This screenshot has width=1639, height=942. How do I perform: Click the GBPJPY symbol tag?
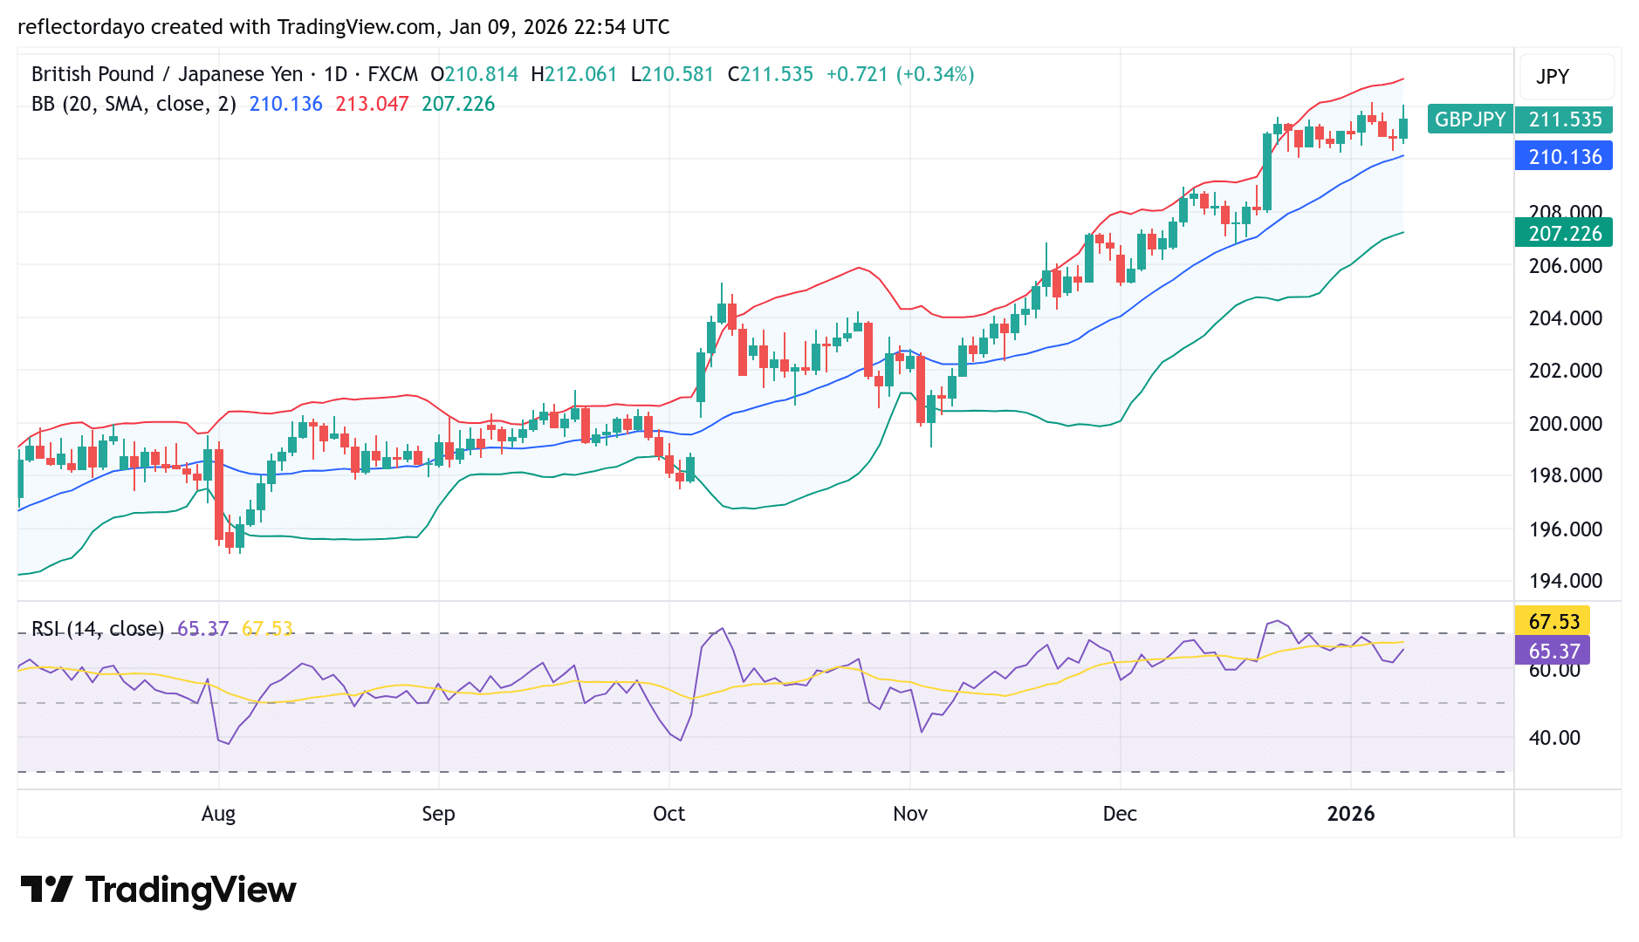(1470, 119)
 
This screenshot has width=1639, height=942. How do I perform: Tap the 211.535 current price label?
(1564, 119)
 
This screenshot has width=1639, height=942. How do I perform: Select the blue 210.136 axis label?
(1564, 157)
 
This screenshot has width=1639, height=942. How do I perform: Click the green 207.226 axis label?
(1564, 234)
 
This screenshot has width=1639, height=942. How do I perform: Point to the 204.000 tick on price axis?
(1565, 318)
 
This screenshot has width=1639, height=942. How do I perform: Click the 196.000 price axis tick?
(1565, 529)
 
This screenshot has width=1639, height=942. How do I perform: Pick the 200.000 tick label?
(1565, 424)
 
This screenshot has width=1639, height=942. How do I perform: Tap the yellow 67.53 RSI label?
(1553, 621)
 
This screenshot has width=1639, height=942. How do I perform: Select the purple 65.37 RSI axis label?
(1553, 651)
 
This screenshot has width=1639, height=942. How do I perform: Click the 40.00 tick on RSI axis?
(1553, 738)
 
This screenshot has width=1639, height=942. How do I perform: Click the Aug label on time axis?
(218, 814)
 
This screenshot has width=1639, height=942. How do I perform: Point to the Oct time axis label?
(669, 814)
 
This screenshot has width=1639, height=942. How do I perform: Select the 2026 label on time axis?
(1350, 814)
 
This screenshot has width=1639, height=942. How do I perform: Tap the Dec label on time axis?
(1120, 814)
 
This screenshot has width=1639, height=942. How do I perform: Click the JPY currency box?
(1553, 77)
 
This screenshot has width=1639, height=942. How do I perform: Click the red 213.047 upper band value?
(372, 104)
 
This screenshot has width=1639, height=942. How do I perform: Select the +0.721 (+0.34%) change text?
(900, 74)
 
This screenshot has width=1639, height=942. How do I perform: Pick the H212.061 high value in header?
(573, 74)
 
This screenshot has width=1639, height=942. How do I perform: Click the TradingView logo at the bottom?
(158, 890)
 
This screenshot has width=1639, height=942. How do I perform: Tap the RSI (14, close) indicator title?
(98, 629)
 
